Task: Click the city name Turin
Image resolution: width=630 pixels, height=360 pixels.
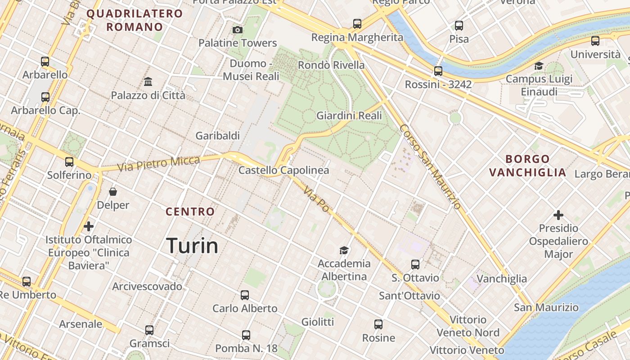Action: (x=192, y=246)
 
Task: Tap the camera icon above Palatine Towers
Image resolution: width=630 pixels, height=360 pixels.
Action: (x=238, y=30)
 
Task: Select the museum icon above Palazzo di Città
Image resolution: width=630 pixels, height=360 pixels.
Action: (x=148, y=82)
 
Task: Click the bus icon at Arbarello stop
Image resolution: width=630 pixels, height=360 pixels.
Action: (x=45, y=62)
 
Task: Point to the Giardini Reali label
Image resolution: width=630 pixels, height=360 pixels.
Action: (x=349, y=116)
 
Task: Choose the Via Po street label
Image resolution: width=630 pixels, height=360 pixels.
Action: (x=316, y=200)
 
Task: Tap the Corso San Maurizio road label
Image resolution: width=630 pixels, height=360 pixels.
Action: (x=430, y=166)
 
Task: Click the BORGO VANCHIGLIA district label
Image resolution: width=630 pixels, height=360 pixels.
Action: (x=527, y=166)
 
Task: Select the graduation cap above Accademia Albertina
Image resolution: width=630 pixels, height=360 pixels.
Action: (x=344, y=250)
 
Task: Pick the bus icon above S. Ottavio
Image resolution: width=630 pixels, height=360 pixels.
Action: (x=415, y=265)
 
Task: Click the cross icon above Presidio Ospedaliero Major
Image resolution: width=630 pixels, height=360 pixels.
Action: (x=558, y=215)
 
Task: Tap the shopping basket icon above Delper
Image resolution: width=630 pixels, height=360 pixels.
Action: (x=113, y=192)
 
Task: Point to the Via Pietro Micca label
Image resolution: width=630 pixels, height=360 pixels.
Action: (x=158, y=163)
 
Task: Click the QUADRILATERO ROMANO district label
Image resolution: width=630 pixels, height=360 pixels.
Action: (x=135, y=20)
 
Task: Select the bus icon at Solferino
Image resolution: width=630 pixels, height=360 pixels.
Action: (x=69, y=162)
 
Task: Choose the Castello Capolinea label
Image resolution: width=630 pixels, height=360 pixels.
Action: (x=283, y=171)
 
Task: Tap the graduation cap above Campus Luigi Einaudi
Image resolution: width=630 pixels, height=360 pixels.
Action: (x=539, y=66)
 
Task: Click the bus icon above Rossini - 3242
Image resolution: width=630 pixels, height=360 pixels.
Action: (x=438, y=71)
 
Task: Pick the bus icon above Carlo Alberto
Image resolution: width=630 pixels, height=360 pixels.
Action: (x=245, y=295)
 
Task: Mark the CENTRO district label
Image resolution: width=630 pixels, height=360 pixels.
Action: (x=190, y=211)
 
